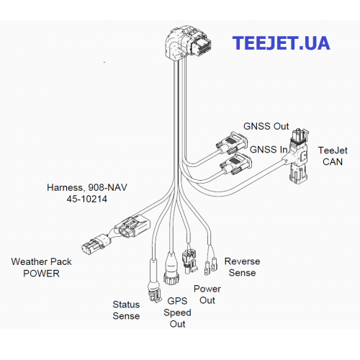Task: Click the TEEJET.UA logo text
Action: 281,43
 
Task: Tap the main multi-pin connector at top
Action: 188,43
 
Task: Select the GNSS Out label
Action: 266,126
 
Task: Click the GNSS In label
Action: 269,150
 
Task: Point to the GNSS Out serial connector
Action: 232,143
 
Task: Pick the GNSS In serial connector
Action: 236,164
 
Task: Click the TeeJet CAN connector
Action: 299,156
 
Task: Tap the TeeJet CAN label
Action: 333,156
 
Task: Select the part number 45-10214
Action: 87,199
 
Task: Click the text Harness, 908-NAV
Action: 87,187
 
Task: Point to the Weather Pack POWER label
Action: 41,267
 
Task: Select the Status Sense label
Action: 126,310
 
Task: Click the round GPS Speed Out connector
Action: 171,270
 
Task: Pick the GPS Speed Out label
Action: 177,312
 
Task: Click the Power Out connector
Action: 189,261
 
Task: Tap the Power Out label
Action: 207,294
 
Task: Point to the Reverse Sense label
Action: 242,267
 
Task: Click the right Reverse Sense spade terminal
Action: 214,264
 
